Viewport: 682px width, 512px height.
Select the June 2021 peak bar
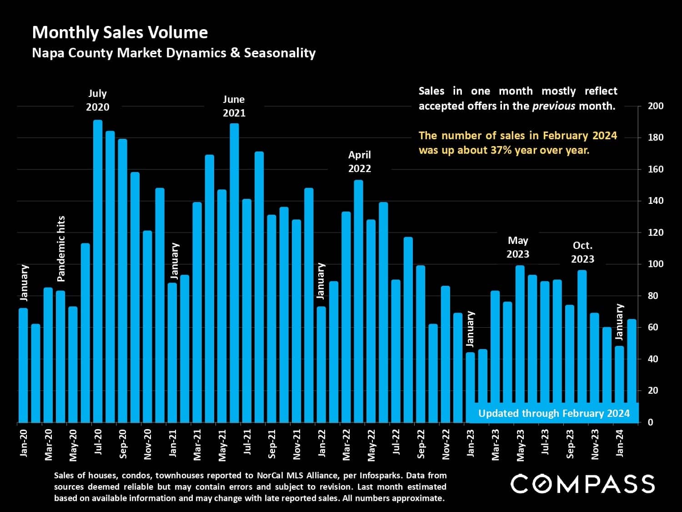234,273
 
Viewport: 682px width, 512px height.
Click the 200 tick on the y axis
655,106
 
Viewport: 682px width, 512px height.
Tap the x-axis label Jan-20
24,442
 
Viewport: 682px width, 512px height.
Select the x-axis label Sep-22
421,444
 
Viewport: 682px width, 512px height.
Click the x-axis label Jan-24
620,442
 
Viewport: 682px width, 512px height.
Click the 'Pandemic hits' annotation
61,248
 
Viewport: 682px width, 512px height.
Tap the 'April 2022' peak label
359,162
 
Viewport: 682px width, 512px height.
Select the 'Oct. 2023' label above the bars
582,252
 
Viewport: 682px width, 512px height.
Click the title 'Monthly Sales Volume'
120,32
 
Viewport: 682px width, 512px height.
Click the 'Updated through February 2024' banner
553,413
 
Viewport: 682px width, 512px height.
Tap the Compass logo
582,483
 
